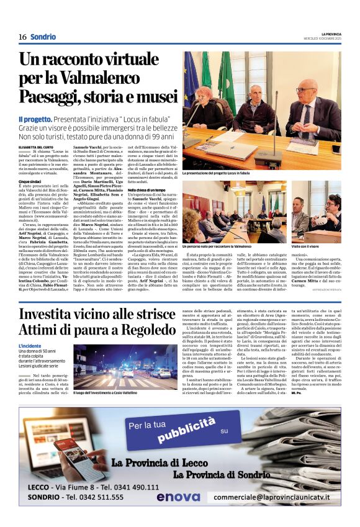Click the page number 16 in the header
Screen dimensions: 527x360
click(x=22, y=37)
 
